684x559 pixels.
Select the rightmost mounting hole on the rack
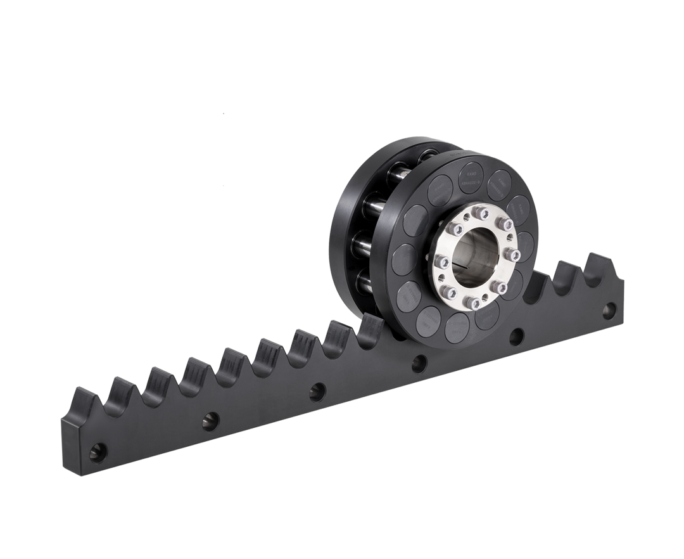(x=609, y=311)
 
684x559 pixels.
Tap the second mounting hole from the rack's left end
(x=211, y=420)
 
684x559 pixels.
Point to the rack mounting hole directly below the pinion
(x=419, y=363)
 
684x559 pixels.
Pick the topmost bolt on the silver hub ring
(x=483, y=212)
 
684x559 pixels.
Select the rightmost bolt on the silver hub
(x=512, y=255)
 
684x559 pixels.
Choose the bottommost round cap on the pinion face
(x=457, y=327)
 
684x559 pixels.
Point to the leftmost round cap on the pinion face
(x=403, y=259)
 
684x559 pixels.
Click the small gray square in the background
(x=251, y=169)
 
